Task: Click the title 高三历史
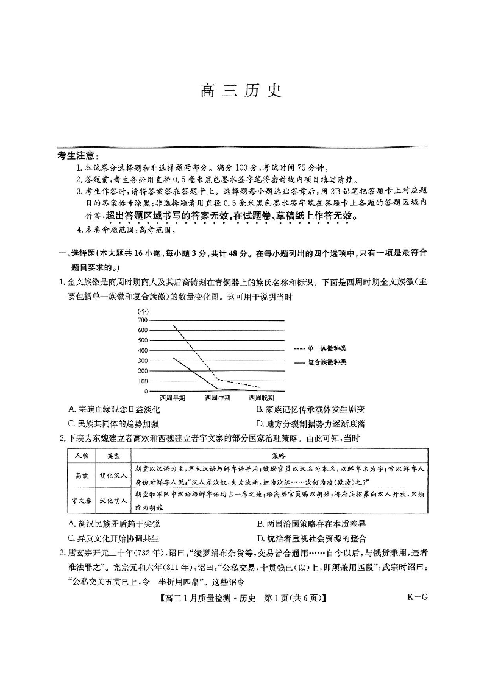(241, 91)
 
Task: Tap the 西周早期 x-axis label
(172, 397)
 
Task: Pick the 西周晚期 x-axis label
(262, 397)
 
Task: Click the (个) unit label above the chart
(143, 311)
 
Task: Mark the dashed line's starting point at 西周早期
(173, 325)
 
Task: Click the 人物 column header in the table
(82, 456)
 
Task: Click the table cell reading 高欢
(82, 475)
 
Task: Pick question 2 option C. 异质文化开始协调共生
(114, 538)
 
